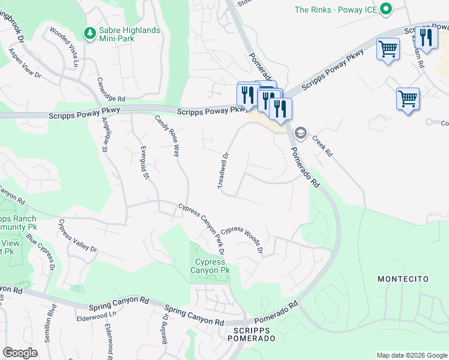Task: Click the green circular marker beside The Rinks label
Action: pyautogui.click(x=386, y=10)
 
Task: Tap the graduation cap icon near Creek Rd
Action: pyautogui.click(x=300, y=133)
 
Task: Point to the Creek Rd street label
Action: pyautogui.click(x=322, y=146)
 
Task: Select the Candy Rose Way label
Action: pyautogui.click(x=167, y=136)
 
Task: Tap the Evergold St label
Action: pyautogui.click(x=144, y=162)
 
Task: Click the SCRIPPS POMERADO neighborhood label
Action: pyautogui.click(x=251, y=335)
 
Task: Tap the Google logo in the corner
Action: pyautogui.click(x=20, y=353)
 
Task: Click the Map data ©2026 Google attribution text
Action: pyautogui.click(x=411, y=355)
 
